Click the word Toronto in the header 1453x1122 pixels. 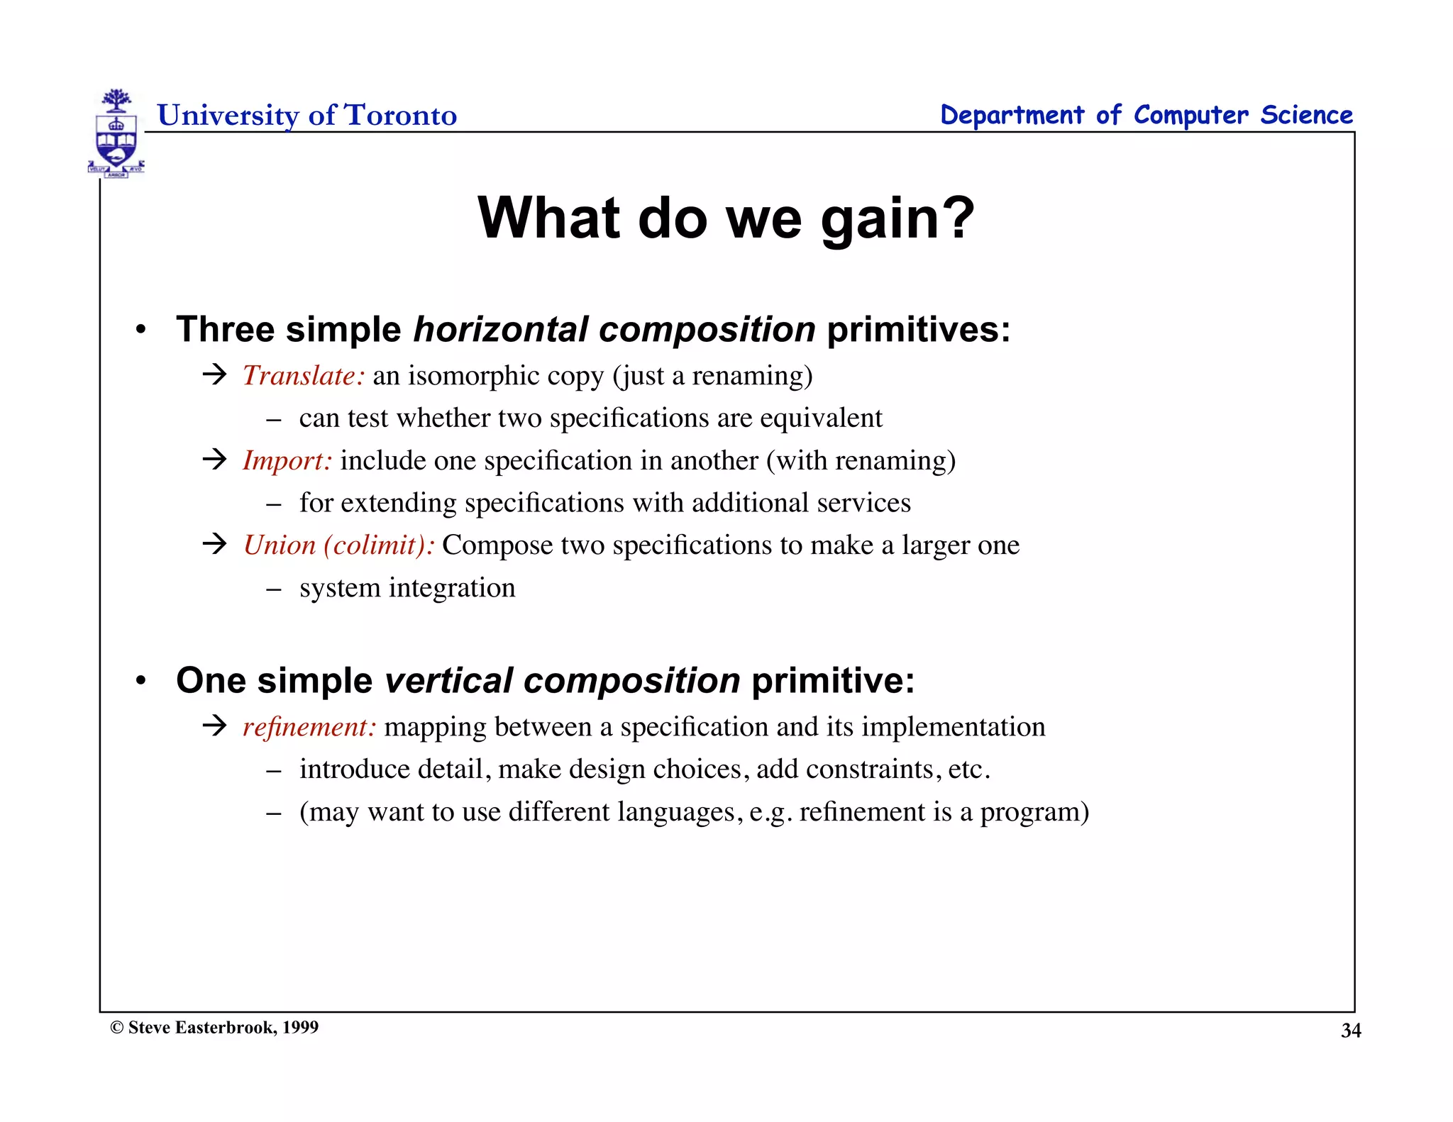[401, 116]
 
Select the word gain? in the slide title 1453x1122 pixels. [898, 218]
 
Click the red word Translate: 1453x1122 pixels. [304, 376]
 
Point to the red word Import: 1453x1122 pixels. [287, 461]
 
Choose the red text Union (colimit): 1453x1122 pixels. [338, 545]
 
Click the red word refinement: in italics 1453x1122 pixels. [309, 727]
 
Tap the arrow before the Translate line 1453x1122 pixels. [214, 374]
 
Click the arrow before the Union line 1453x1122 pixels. [214, 544]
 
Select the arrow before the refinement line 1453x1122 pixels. [214, 726]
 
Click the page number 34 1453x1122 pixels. [1350, 1031]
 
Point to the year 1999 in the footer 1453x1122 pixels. [300, 1028]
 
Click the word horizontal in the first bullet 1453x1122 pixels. [501, 330]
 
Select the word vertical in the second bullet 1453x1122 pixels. [448, 681]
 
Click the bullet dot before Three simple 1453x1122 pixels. [141, 330]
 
